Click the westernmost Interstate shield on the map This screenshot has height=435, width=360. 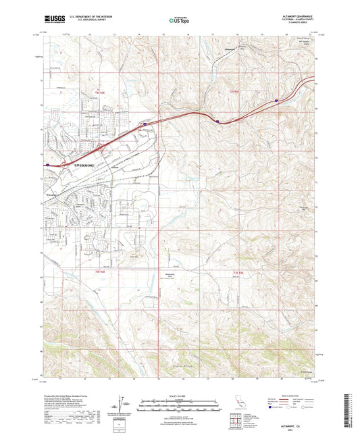49,163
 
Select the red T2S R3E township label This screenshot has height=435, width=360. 233,89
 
